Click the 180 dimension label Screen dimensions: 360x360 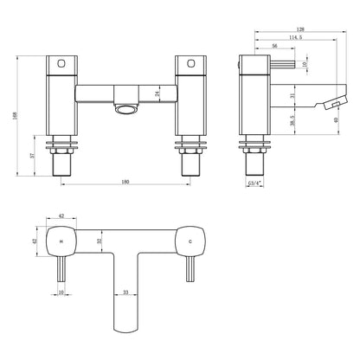(x=125, y=182)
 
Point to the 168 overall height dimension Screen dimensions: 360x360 (x=16, y=115)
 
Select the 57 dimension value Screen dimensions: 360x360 (x=33, y=155)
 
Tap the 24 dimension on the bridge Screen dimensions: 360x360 (x=157, y=93)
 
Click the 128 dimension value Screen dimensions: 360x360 (x=300, y=29)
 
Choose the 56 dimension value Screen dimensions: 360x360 (x=274, y=46)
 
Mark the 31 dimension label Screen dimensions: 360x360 (x=292, y=95)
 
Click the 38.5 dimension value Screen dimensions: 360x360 (x=292, y=120)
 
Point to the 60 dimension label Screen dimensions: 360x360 (x=336, y=119)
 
